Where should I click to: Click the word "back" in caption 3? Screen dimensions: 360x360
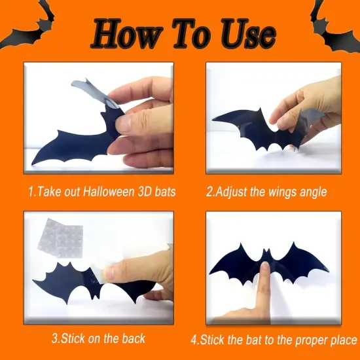tap(130, 338)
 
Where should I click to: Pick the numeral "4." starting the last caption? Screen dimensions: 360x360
tap(194, 340)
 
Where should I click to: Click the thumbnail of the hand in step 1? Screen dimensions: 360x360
tap(122, 122)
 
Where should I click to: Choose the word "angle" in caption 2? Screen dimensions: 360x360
tap(312, 192)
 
